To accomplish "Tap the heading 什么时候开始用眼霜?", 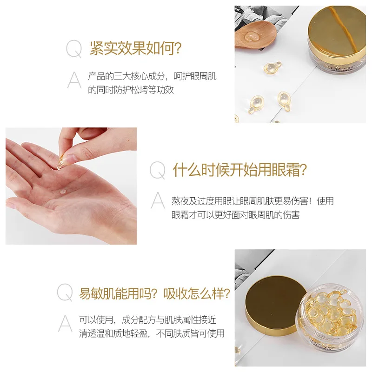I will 240,170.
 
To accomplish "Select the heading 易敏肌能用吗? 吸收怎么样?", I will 154,293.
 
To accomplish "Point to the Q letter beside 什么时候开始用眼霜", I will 157,171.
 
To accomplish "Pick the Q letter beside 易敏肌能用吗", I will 65,293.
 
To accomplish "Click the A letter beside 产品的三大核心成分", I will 74,80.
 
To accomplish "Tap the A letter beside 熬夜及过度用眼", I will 158,201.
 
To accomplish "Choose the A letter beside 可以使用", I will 65,324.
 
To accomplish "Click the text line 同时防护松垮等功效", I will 131,90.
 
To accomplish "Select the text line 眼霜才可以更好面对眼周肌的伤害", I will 235,214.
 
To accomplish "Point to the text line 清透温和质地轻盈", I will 152,333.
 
